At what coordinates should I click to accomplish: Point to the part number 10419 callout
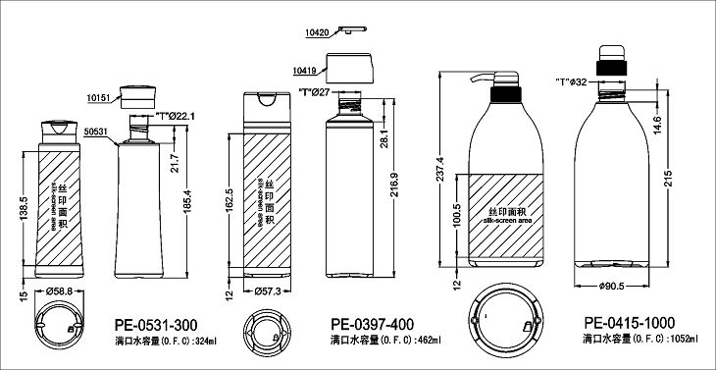(305, 71)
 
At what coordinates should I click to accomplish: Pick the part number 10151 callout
(98, 97)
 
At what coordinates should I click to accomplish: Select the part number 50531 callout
(97, 131)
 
